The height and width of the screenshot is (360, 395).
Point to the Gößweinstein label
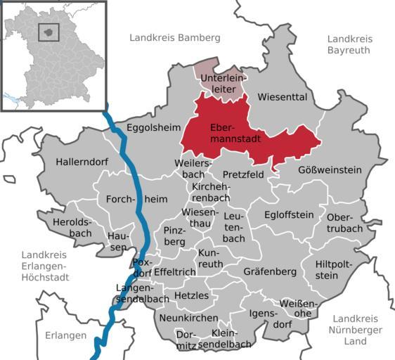click(x=330, y=169)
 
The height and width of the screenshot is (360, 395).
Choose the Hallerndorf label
click(x=82, y=162)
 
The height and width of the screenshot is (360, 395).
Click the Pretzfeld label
click(x=243, y=174)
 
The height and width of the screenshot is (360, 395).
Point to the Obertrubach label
click(x=344, y=223)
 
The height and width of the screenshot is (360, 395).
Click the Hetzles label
click(x=191, y=295)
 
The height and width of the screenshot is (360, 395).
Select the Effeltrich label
click(x=175, y=271)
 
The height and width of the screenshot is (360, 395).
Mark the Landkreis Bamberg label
click(x=175, y=37)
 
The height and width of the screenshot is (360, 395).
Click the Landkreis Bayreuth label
click(x=349, y=44)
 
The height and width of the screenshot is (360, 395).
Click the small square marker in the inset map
click(x=48, y=32)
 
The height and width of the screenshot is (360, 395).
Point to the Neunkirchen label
click(x=188, y=318)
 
